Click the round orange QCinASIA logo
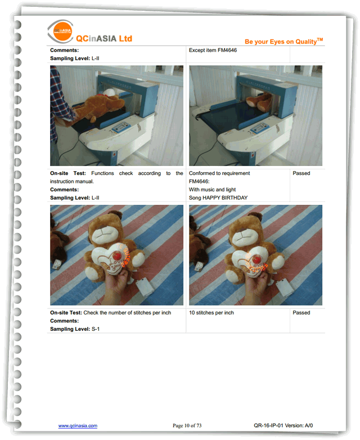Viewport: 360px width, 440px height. (62, 31)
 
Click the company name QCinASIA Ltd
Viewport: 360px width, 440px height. (104, 38)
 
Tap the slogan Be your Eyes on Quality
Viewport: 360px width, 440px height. (283, 41)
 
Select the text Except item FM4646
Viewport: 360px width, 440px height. (213, 50)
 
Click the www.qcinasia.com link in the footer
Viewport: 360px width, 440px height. (78, 426)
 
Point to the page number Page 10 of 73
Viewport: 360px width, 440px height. (187, 426)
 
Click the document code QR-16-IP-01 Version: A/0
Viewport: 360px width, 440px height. (283, 425)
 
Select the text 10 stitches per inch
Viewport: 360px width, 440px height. (211, 313)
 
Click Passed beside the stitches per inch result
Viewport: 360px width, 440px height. (301, 313)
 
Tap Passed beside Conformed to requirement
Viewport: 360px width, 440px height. (301, 173)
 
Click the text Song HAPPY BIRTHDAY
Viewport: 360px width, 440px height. (218, 197)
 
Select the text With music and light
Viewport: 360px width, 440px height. (212, 190)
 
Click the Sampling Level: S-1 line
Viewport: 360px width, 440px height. (75, 329)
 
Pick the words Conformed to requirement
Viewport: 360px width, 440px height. (219, 173)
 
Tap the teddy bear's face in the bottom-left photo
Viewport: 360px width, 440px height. (103, 233)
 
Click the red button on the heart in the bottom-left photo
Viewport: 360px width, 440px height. (117, 255)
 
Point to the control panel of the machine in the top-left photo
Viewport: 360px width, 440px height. (121, 128)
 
